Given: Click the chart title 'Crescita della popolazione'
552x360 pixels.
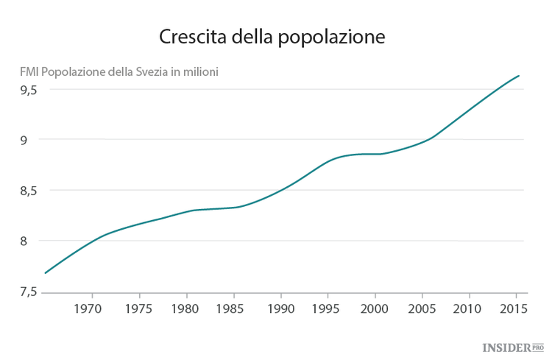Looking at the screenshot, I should [x=272, y=37].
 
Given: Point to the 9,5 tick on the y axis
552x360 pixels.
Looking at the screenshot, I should [x=29, y=90].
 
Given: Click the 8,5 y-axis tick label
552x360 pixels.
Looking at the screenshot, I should [x=29, y=191].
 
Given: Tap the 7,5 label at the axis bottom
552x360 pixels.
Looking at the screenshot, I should [x=29, y=292].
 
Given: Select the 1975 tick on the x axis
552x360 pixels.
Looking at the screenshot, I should [x=138, y=308].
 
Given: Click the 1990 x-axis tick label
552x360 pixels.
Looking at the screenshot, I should [x=280, y=308].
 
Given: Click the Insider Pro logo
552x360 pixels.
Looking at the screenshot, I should [x=512, y=346].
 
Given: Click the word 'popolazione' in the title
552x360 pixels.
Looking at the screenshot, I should [x=332, y=38].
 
